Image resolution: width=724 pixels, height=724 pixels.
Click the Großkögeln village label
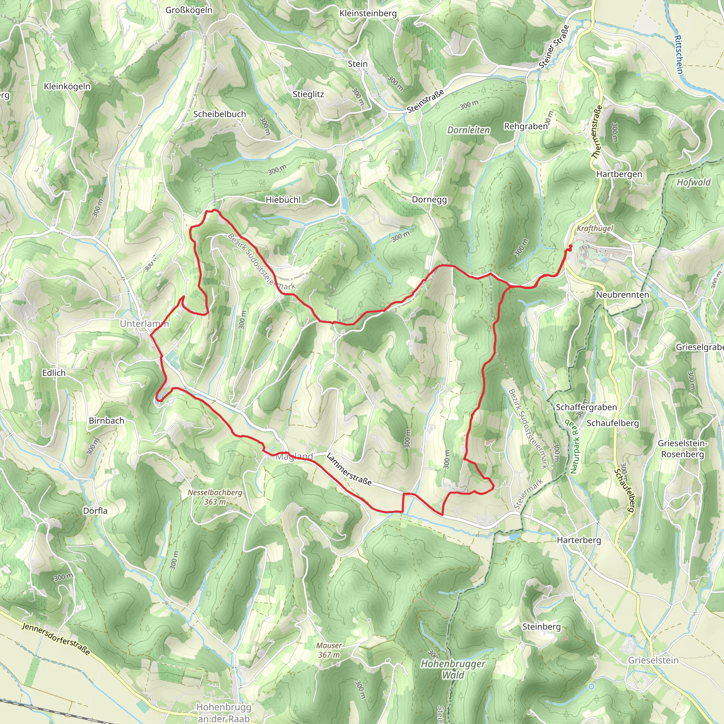point(189,10)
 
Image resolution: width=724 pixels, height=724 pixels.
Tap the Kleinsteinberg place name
point(368,13)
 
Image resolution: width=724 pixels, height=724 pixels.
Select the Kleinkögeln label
point(67,86)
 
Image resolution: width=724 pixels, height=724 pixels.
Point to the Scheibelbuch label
point(220,114)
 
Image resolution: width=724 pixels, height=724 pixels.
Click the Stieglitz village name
point(308,94)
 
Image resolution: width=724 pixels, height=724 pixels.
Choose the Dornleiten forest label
point(468,130)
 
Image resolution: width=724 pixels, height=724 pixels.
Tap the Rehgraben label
point(526,126)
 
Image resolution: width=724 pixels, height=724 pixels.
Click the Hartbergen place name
point(619,174)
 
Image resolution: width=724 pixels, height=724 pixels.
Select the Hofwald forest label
point(693,182)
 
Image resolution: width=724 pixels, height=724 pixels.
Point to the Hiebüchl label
point(283,200)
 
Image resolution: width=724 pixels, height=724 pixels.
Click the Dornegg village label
point(429,199)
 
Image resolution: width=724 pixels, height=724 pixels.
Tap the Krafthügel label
point(595,228)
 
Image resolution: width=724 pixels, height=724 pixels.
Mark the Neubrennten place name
point(622,294)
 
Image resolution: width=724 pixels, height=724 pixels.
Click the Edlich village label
point(54,373)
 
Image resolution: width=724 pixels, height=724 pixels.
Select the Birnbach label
point(106,420)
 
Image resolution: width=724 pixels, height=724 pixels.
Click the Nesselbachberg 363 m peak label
point(215,497)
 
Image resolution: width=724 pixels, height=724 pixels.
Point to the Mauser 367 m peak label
point(329,650)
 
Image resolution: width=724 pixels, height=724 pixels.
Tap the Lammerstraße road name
point(349,469)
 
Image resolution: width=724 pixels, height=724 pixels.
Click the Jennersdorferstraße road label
point(56,639)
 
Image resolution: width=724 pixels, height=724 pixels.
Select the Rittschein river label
point(679,54)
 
